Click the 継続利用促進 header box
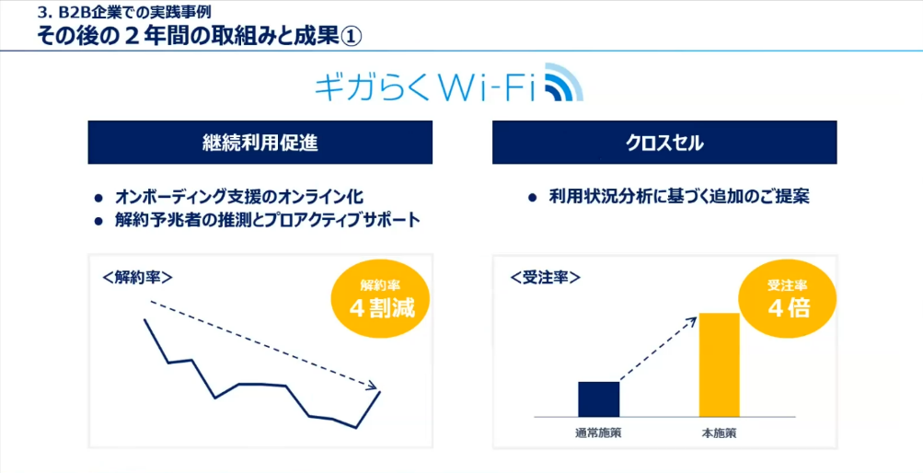260,143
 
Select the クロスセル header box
664,143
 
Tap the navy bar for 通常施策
598,398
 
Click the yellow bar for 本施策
719,364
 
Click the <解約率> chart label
137,275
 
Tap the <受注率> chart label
545,275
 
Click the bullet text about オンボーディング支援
239,197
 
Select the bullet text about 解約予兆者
267,220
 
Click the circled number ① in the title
352,37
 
